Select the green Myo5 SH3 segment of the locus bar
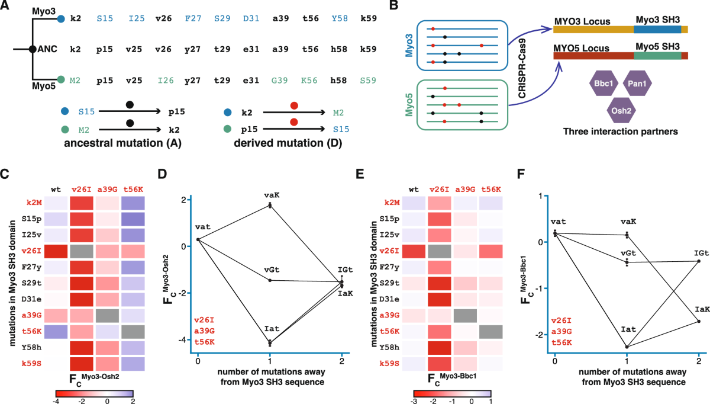[x=657, y=56]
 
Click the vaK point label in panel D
[x=270, y=194]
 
